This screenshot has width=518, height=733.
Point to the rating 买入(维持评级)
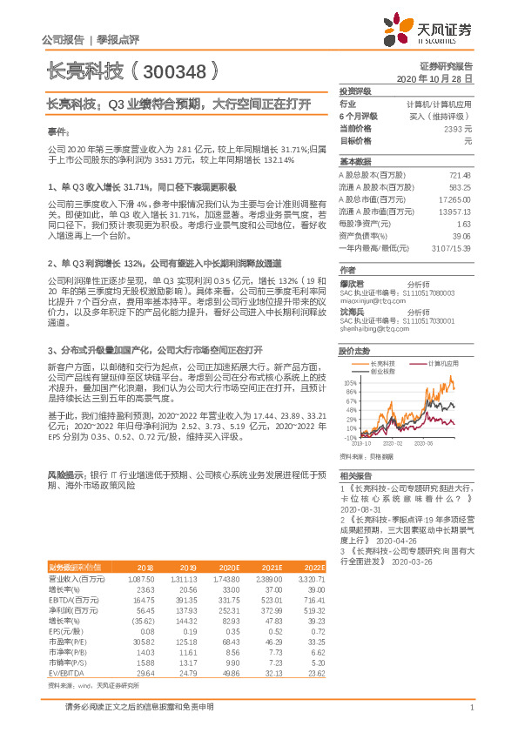[443, 115]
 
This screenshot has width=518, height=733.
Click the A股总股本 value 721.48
[458, 175]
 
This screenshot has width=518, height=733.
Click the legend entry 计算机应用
[444, 363]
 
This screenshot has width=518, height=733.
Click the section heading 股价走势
[351, 351]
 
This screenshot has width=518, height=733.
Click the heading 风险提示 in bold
[64, 475]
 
